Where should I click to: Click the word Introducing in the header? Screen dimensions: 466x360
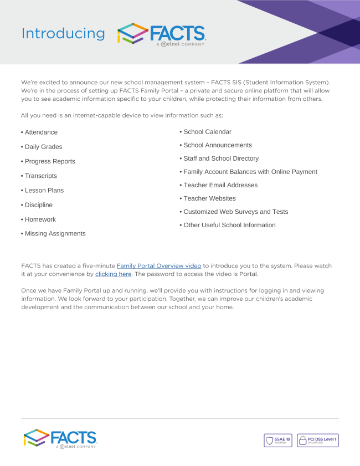click(x=63, y=34)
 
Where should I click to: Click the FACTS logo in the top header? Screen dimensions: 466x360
click(x=161, y=34)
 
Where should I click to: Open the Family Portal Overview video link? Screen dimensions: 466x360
click(x=158, y=266)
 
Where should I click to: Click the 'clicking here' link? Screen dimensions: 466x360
click(x=113, y=274)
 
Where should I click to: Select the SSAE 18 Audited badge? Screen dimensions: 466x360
click(x=277, y=441)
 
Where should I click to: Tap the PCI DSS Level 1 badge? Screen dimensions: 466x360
click(x=317, y=441)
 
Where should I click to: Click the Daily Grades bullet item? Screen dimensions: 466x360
click(x=43, y=147)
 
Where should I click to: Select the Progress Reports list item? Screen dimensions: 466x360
click(x=50, y=161)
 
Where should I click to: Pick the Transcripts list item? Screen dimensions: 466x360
click(x=40, y=176)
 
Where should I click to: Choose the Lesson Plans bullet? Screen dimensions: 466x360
click(x=44, y=190)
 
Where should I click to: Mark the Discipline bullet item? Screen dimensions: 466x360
click(x=38, y=204)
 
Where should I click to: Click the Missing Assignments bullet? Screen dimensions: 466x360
click(x=55, y=234)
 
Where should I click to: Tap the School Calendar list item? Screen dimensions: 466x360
click(x=207, y=132)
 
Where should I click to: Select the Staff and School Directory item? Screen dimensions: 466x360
click(x=220, y=158)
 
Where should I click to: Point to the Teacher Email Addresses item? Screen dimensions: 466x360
click(x=220, y=185)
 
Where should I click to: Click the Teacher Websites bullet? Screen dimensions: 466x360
click(x=209, y=198)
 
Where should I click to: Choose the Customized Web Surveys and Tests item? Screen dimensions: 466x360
click(x=235, y=212)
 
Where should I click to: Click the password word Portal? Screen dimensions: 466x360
click(x=248, y=274)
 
